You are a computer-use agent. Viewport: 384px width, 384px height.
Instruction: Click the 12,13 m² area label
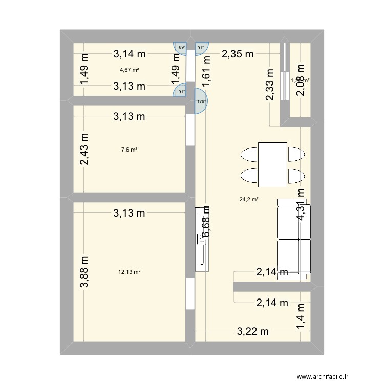(x=129, y=272)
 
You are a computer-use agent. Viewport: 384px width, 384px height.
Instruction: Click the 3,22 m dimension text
(x=253, y=331)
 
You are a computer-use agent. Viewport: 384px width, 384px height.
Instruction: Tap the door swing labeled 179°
(x=202, y=100)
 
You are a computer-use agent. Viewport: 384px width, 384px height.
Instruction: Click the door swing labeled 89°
(x=181, y=48)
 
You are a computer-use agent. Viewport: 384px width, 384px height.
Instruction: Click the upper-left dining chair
(x=249, y=154)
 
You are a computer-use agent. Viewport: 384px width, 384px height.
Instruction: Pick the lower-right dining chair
(x=295, y=176)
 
